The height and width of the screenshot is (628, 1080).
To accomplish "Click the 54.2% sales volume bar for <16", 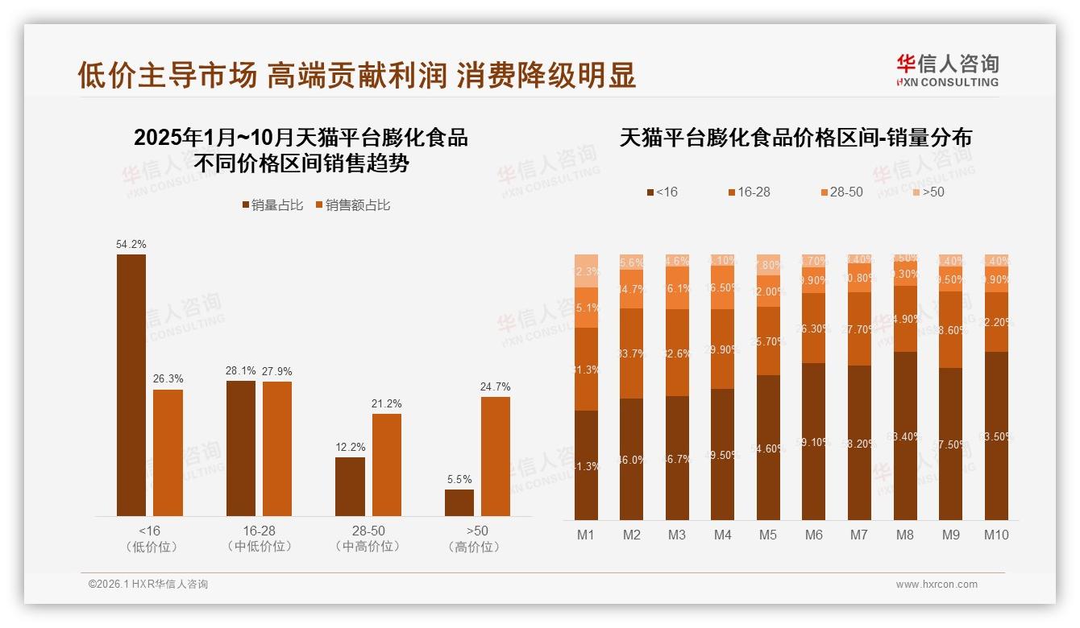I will point(131,385).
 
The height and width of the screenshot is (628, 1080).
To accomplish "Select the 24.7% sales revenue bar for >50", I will point(496,456).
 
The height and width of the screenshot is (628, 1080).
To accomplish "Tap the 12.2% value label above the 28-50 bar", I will point(351,447).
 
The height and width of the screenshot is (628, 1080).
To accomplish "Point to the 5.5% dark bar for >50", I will point(459,502).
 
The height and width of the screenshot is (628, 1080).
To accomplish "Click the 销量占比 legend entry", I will point(272,205).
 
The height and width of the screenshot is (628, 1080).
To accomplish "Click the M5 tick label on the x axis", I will point(768,535).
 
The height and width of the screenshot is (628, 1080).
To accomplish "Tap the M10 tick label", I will point(996,535).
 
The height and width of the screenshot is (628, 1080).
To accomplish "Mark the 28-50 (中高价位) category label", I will point(368,539).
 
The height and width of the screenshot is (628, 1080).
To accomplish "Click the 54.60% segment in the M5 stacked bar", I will point(768,448).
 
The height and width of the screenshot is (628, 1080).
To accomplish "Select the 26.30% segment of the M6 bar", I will point(814,328).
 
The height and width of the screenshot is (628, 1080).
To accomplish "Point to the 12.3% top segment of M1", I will point(586,271).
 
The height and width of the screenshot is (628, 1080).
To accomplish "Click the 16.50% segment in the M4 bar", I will point(723,288).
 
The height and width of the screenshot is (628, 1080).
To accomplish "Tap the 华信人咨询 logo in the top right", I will point(947,69).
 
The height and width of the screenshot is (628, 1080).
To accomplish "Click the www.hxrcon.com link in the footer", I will point(937,585).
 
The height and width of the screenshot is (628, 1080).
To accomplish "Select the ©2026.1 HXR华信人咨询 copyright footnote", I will point(147,585).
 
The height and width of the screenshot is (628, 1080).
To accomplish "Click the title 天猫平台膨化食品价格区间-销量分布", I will point(795,138).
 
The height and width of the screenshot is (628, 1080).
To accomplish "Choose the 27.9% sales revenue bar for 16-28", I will point(277,448).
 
